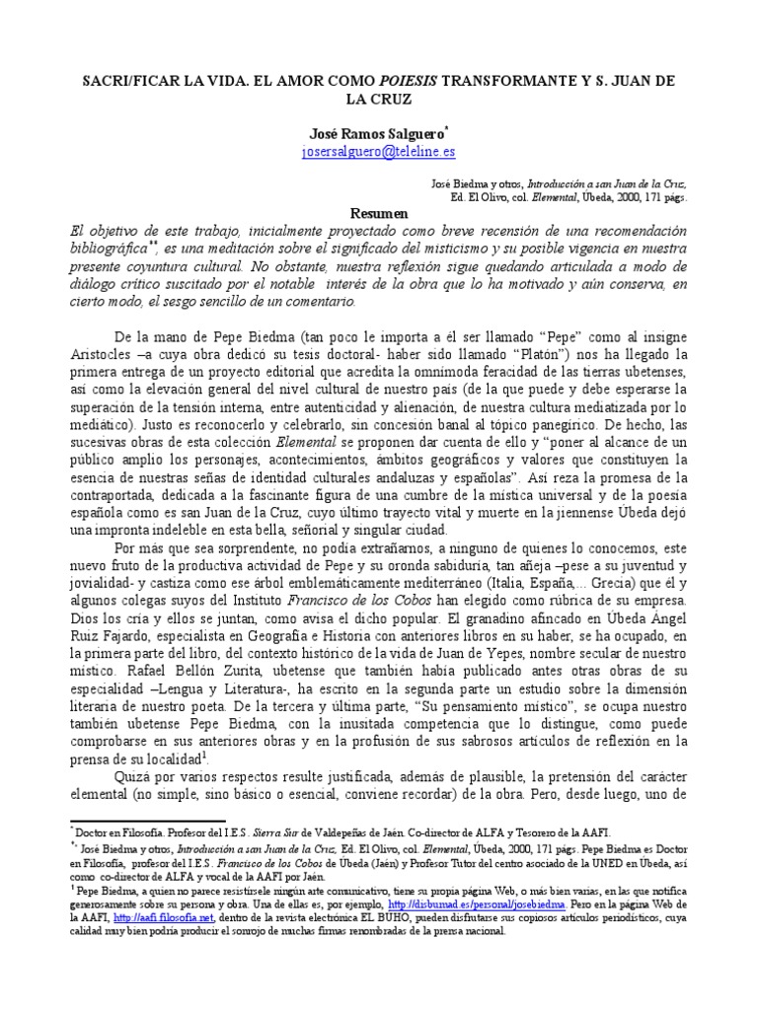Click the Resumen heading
coord(379,213)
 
